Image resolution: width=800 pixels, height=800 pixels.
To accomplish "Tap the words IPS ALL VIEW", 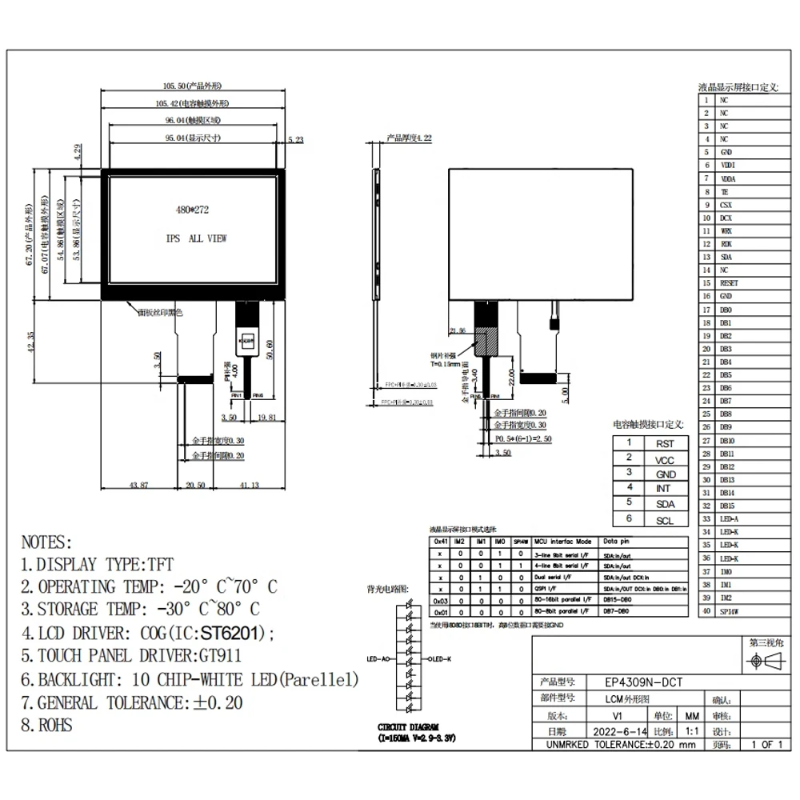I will coord(196,239).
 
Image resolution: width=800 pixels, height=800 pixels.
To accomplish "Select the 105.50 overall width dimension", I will coord(192,86).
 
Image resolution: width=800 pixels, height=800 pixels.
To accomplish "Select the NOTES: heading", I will coord(46,542).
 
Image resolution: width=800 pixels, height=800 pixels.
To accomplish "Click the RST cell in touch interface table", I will coord(665,444).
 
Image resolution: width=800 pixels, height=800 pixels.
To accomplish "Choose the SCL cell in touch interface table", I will coord(665,520).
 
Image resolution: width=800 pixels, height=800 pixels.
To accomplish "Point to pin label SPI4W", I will coord(729,611).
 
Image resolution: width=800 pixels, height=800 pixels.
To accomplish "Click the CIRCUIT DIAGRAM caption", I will coord(415,730).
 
